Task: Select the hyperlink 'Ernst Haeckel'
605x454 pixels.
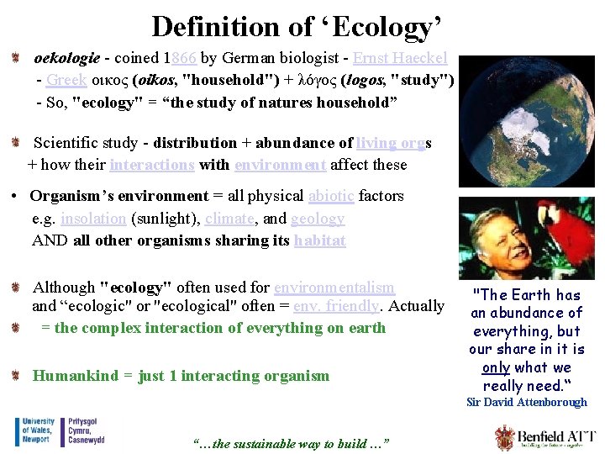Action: [x=400, y=59]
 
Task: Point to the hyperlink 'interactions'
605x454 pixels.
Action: [x=151, y=165]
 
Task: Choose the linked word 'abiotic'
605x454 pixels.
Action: [x=331, y=196]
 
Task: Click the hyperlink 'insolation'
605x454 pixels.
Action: [x=93, y=219]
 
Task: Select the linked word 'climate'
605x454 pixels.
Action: [x=230, y=219]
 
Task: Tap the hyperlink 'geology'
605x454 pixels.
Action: [x=318, y=219]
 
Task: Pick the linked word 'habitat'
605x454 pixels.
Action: [x=319, y=240]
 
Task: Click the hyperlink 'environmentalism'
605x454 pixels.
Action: [x=334, y=287]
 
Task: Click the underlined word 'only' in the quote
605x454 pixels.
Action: [x=497, y=367]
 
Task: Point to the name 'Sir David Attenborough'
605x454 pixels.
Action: [x=527, y=403]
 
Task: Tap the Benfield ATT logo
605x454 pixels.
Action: [x=545, y=438]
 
